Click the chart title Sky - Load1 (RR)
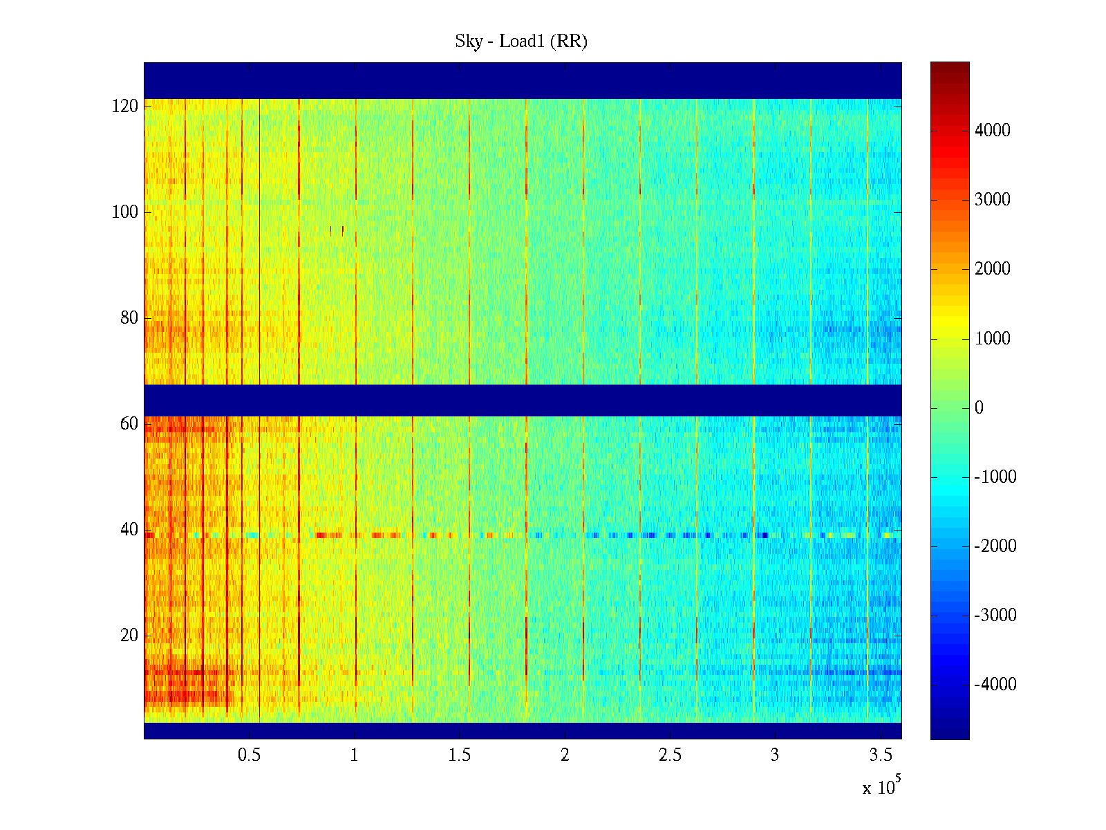coord(521,41)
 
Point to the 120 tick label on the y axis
coord(125,107)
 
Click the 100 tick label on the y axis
coord(125,212)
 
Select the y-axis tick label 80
coord(129,318)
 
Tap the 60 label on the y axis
coord(129,424)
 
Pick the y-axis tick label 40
coord(129,530)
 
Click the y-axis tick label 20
coord(129,636)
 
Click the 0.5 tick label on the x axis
coord(249,755)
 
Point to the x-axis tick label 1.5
coord(460,755)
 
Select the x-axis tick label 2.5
coord(670,755)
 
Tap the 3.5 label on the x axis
coord(880,755)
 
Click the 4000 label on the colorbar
coord(993,131)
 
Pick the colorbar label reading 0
coord(979,408)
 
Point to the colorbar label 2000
coord(993,269)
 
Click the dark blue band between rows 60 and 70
coord(523,400)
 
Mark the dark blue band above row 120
coord(523,80)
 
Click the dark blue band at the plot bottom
coord(523,730)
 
